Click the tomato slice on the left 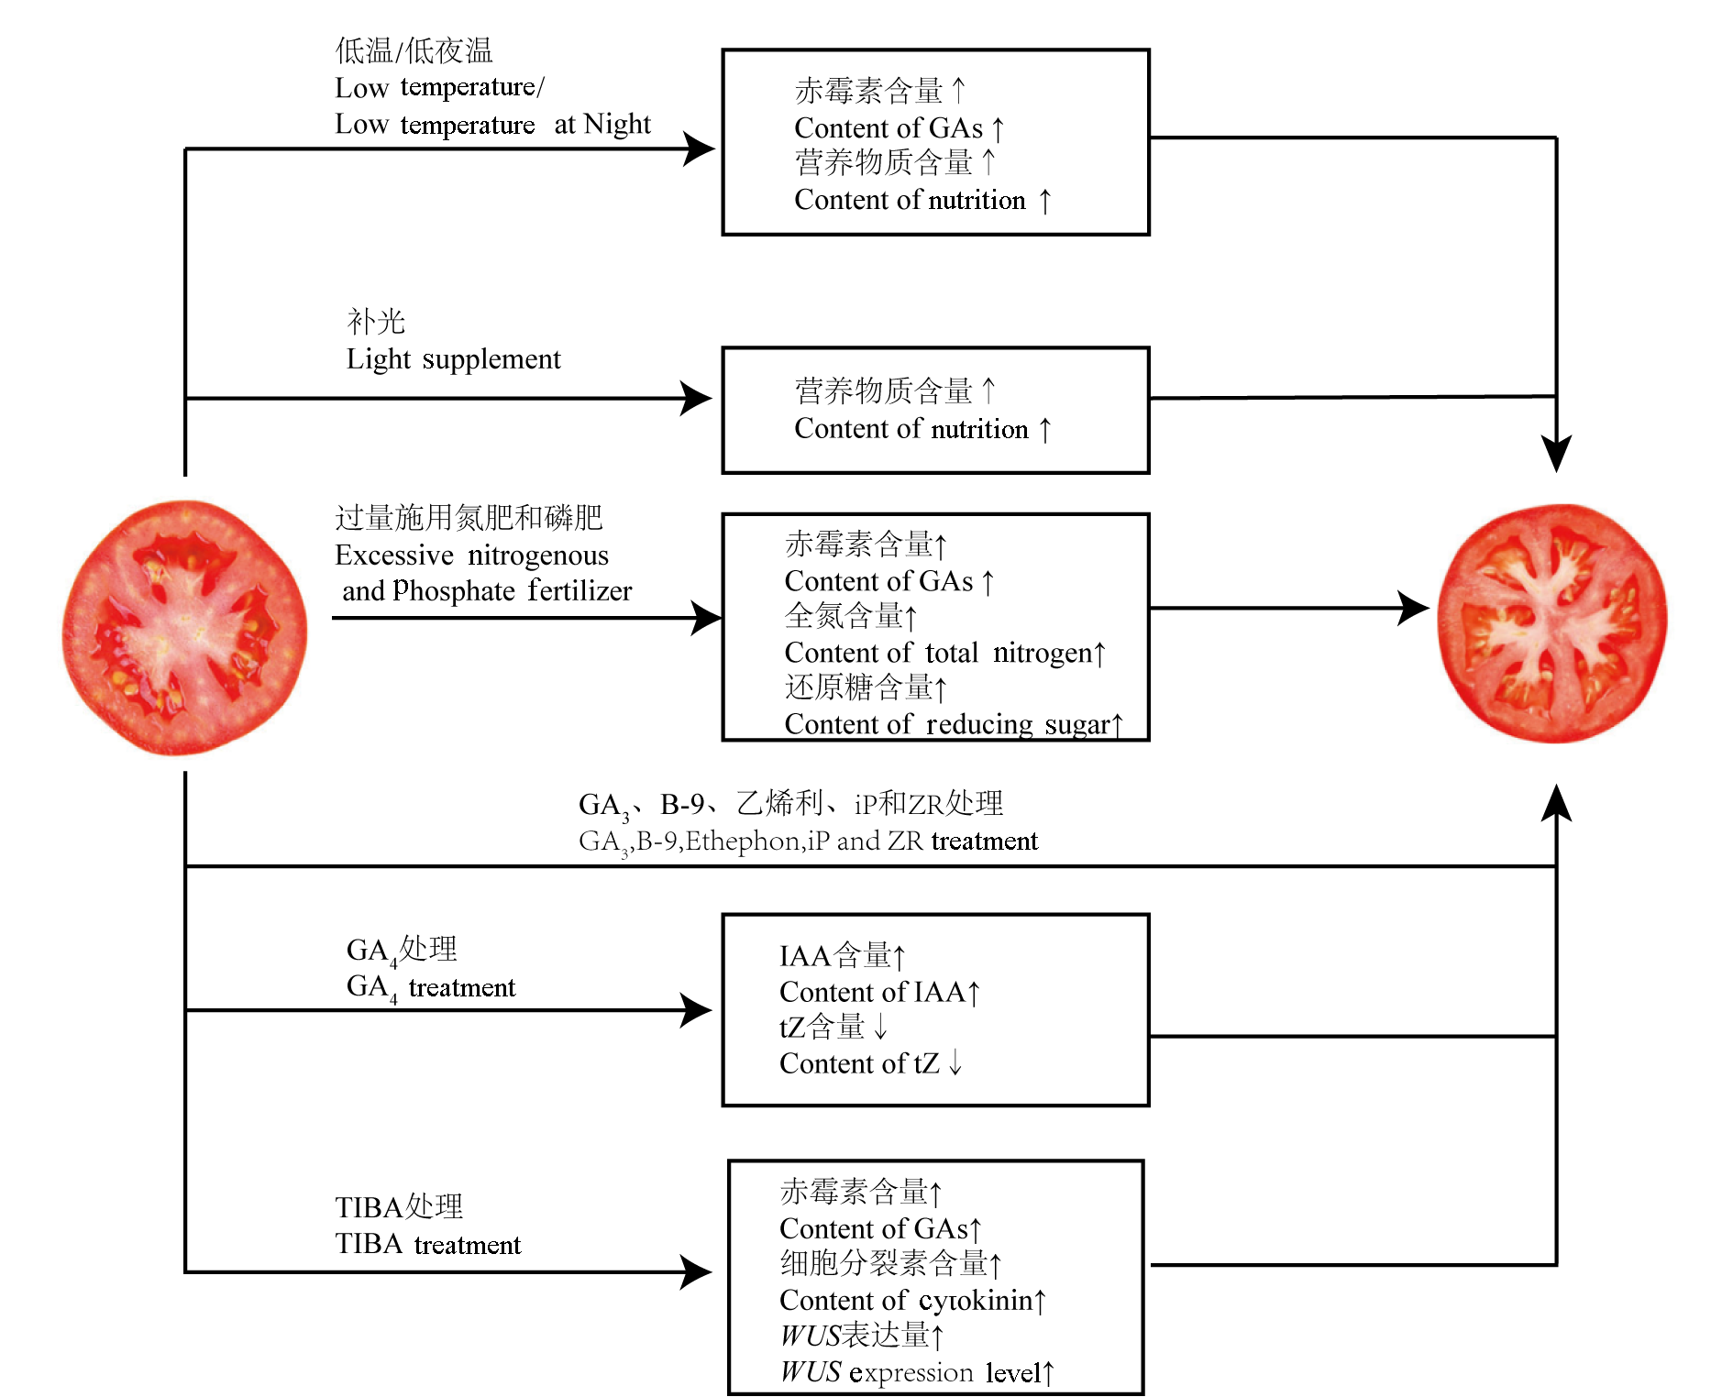tap(184, 627)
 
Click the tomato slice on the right tap(1551, 623)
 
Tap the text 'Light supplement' tap(453, 359)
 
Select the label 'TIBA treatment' tap(427, 1244)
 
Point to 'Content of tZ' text tap(859, 1063)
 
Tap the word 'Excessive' tap(394, 555)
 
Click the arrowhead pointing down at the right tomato tap(1556, 453)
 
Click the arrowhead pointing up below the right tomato tap(1556, 803)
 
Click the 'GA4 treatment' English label tap(430, 987)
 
